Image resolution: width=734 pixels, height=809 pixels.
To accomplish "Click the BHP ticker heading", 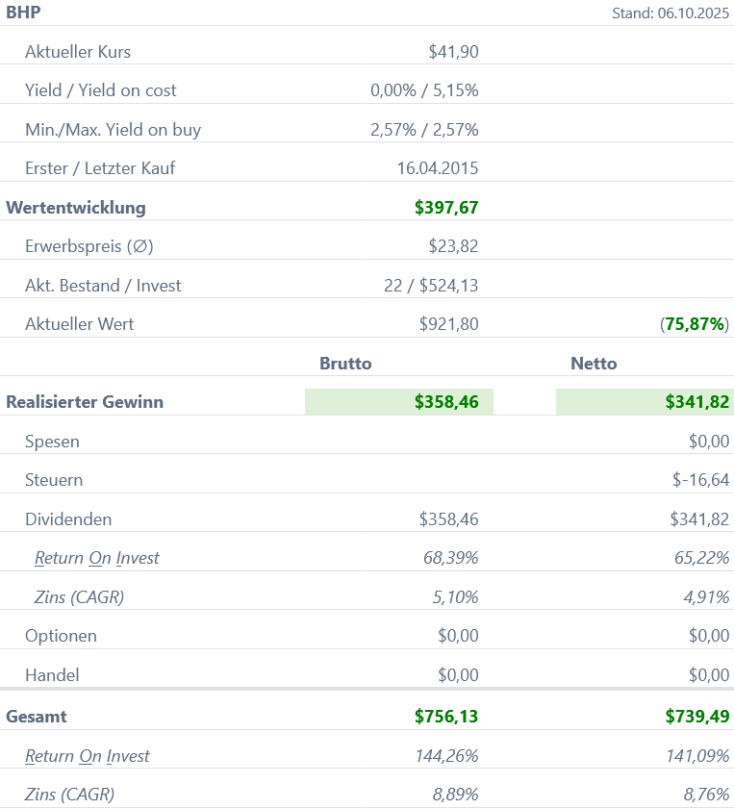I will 23,13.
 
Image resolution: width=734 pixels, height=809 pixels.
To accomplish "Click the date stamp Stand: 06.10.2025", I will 671,13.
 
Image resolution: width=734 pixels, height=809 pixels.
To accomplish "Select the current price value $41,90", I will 453,52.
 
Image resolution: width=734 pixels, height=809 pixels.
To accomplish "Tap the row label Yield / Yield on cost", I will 101,90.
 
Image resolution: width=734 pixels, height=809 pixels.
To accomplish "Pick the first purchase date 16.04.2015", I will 438,168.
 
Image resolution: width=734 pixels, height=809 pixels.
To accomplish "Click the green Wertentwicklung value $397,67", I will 446,207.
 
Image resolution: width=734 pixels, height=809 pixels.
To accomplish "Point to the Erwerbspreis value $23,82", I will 453,246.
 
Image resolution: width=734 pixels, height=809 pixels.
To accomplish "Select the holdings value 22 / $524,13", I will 430,286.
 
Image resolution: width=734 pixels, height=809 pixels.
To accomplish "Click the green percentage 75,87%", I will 695,324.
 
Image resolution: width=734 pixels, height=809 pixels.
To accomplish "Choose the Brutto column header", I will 345,364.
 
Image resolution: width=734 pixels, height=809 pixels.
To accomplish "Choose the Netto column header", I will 594,364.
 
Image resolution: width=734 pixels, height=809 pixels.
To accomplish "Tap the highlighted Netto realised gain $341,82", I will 696,402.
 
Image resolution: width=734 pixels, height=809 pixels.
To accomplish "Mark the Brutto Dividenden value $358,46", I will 448,519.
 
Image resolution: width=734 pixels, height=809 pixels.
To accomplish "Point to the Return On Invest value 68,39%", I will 451,558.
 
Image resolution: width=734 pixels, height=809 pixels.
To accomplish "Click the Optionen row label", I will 61,636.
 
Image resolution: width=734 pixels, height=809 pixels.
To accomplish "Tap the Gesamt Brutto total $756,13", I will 446,716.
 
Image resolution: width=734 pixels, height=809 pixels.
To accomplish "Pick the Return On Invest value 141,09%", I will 697,756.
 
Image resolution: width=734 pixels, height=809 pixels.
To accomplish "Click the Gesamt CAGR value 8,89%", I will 455,795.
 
